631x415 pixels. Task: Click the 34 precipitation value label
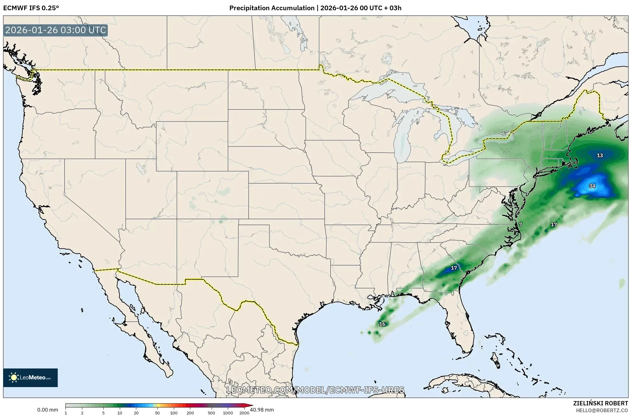[592, 186]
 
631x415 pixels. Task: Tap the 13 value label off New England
[600, 155]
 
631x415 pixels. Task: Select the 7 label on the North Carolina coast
[521, 225]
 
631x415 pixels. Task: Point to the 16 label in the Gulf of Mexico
[382, 324]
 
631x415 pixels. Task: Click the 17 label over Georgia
[454, 268]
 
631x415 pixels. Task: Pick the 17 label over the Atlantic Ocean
[554, 225]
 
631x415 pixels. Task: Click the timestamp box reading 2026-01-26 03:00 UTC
[56, 30]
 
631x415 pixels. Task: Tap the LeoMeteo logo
[30, 377]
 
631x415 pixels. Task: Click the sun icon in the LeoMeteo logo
[14, 377]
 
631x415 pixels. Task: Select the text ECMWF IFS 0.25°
[31, 8]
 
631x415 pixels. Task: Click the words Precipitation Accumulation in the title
[272, 8]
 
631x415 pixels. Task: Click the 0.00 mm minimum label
[47, 410]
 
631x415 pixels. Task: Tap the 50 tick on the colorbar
[157, 413]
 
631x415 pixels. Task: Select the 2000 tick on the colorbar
[244, 413]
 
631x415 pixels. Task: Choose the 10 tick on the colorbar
[120, 413]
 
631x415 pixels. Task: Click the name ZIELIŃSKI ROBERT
[600, 403]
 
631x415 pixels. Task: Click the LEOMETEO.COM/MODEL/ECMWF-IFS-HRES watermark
[315, 390]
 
